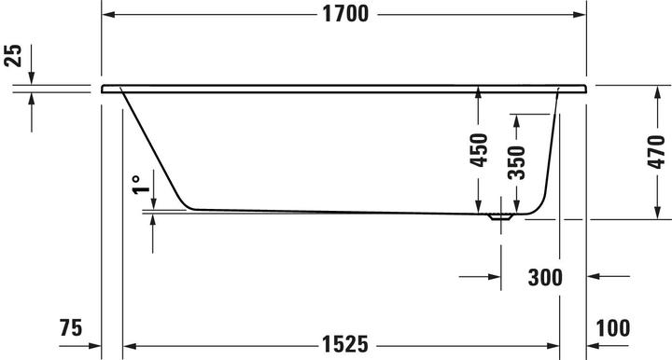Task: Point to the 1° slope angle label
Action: [x=136, y=183]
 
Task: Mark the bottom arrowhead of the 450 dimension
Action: [x=478, y=207]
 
